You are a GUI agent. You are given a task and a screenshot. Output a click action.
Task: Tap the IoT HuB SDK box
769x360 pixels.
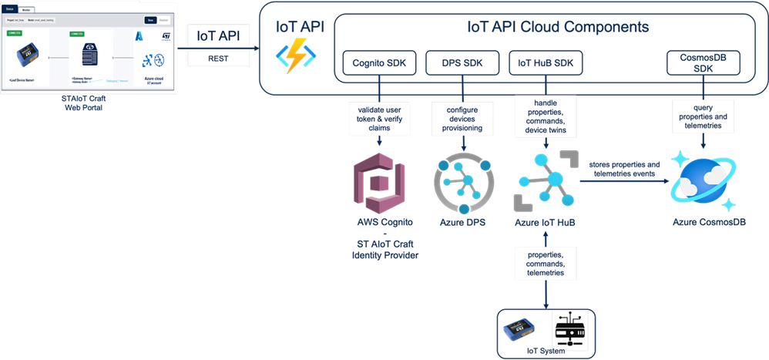pos(546,62)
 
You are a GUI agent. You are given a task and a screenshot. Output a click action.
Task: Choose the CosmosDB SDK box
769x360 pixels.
pos(703,62)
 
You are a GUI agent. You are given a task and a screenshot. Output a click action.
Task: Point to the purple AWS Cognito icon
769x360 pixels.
pos(376,183)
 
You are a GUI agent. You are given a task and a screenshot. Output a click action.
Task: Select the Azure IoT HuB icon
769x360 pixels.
pos(546,183)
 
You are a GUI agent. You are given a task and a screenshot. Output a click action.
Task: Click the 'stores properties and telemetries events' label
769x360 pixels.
pos(625,170)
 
